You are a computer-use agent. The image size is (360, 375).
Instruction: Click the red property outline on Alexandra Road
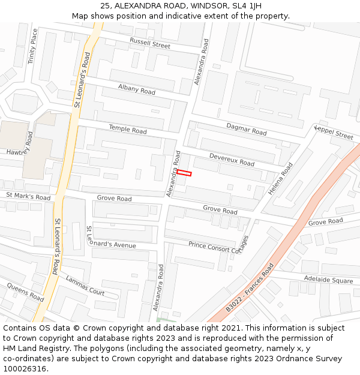[x=184, y=173]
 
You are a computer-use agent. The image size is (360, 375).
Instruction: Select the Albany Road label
[x=136, y=90]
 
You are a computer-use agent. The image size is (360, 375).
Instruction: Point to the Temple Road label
[x=127, y=129]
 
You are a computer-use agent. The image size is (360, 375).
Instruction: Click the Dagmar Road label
[x=246, y=128]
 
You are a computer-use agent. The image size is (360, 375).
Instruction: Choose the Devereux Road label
[x=232, y=160]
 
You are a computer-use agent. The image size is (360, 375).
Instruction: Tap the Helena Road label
[x=280, y=179]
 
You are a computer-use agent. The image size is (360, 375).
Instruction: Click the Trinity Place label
[x=34, y=46]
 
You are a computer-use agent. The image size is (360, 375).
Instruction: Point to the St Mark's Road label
[x=28, y=196]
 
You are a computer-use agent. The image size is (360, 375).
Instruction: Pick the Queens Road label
[x=25, y=292]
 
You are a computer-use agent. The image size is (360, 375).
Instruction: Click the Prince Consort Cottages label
[x=218, y=245]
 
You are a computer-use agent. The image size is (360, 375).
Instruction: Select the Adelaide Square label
[x=328, y=280]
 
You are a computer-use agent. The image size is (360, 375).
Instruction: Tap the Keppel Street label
[x=334, y=133]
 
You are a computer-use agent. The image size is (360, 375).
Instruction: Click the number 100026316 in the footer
[x=25, y=368]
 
